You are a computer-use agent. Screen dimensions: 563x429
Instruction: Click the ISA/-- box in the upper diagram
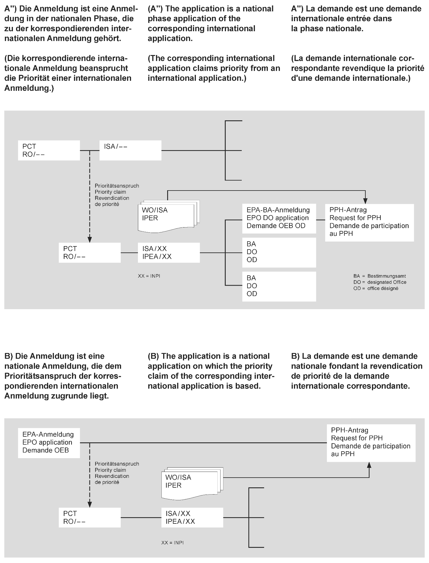coord(130,150)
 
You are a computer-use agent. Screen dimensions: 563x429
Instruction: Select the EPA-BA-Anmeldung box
coord(279,218)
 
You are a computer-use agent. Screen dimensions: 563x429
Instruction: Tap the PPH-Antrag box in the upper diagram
coord(369,222)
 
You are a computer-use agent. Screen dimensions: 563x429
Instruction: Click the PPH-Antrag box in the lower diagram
coord(371,443)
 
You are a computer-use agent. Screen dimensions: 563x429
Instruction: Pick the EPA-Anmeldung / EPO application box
coord(49,443)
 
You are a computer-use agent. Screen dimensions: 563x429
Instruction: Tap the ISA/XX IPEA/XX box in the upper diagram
coord(169,253)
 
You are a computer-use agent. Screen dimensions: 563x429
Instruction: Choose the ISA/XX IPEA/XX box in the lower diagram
coord(192,517)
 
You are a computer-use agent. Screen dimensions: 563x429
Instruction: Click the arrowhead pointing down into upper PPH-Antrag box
coord(365,201)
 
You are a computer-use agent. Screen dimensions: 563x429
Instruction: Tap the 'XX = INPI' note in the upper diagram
coord(149,276)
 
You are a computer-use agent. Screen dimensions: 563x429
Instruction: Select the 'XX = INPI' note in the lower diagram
coord(172,543)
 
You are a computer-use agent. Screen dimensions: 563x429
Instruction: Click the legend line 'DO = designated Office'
coord(380,282)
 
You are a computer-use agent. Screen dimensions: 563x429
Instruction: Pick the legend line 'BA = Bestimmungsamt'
coord(379,276)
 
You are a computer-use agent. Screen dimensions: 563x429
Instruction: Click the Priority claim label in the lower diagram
coord(110,470)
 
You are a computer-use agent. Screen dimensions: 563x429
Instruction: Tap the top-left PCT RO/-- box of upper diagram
coord(49,150)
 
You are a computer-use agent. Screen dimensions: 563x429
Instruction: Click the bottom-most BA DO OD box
coord(279,286)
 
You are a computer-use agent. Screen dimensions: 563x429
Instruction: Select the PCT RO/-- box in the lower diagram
coord(89,517)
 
